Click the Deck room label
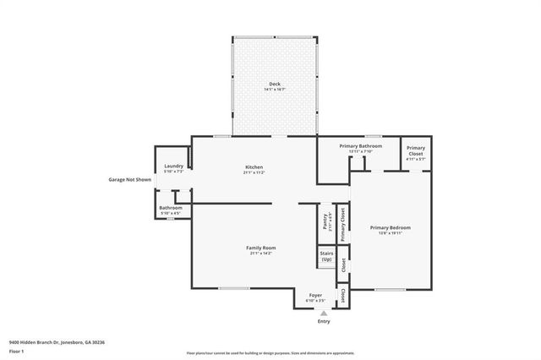[x=274, y=84]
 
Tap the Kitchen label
[x=254, y=166]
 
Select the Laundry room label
[x=174, y=166]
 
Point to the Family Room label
[x=261, y=247]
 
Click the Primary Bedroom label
[x=391, y=227]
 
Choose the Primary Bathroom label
[x=361, y=146]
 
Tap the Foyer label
[x=315, y=295]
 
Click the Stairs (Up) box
[x=326, y=256]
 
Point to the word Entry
[x=324, y=321]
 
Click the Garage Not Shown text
[x=129, y=179]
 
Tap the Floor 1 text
[x=18, y=350]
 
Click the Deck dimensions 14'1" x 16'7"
[x=274, y=90]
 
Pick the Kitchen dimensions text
[x=254, y=172]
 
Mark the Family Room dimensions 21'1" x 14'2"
[x=261, y=253]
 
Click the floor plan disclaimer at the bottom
[x=270, y=352]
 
